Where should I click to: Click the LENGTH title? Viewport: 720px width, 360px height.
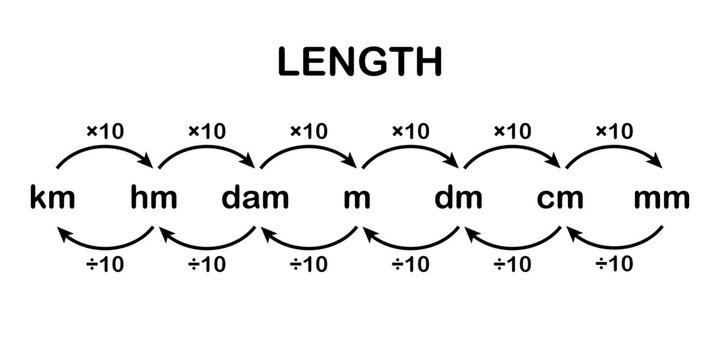point(360,62)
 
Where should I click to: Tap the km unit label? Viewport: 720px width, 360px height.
point(52,198)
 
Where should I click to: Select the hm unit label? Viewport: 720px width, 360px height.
point(154,198)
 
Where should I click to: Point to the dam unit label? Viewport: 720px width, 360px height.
point(255,198)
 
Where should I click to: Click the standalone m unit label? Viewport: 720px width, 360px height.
point(357,198)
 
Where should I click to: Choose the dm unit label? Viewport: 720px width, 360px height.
point(459,198)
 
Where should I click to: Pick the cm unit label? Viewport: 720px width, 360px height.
point(560,198)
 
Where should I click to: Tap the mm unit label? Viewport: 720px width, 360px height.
point(662,198)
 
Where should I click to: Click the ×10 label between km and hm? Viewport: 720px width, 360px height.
point(104,130)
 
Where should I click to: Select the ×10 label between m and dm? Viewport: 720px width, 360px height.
point(410,130)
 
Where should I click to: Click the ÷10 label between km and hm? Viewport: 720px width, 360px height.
point(104,265)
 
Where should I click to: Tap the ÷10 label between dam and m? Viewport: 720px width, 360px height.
point(308,265)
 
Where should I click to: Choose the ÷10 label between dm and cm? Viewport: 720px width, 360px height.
point(511,265)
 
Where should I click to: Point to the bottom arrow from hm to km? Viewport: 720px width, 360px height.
point(104,244)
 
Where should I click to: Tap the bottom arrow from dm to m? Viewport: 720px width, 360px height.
point(410,244)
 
